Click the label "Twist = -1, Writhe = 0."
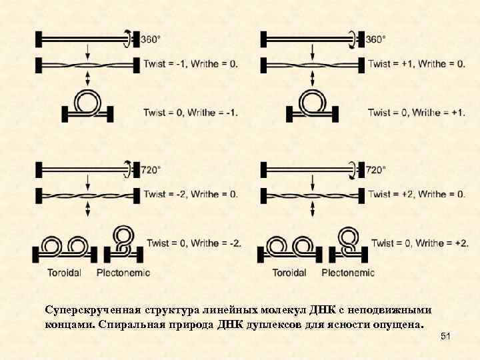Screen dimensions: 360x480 point(190,64)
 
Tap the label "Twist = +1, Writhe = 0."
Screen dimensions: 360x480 point(416,64)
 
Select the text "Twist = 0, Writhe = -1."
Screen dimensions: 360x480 point(190,112)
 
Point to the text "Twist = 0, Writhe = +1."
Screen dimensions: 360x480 point(416,112)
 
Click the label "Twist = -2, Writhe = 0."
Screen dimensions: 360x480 point(190,194)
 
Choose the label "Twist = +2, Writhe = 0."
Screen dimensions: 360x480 point(416,194)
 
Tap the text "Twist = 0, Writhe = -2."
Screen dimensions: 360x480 point(194,243)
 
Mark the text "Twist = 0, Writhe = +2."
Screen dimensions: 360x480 point(419,243)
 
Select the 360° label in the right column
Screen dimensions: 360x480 point(375,39)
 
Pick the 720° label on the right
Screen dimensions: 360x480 point(375,170)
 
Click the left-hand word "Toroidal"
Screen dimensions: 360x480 point(65,273)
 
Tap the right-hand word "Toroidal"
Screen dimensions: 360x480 point(289,273)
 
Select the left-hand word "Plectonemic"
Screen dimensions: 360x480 point(123,273)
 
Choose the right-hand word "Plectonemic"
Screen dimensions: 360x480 point(348,273)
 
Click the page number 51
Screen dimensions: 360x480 point(446,339)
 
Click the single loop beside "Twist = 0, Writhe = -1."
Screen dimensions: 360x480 point(87,102)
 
